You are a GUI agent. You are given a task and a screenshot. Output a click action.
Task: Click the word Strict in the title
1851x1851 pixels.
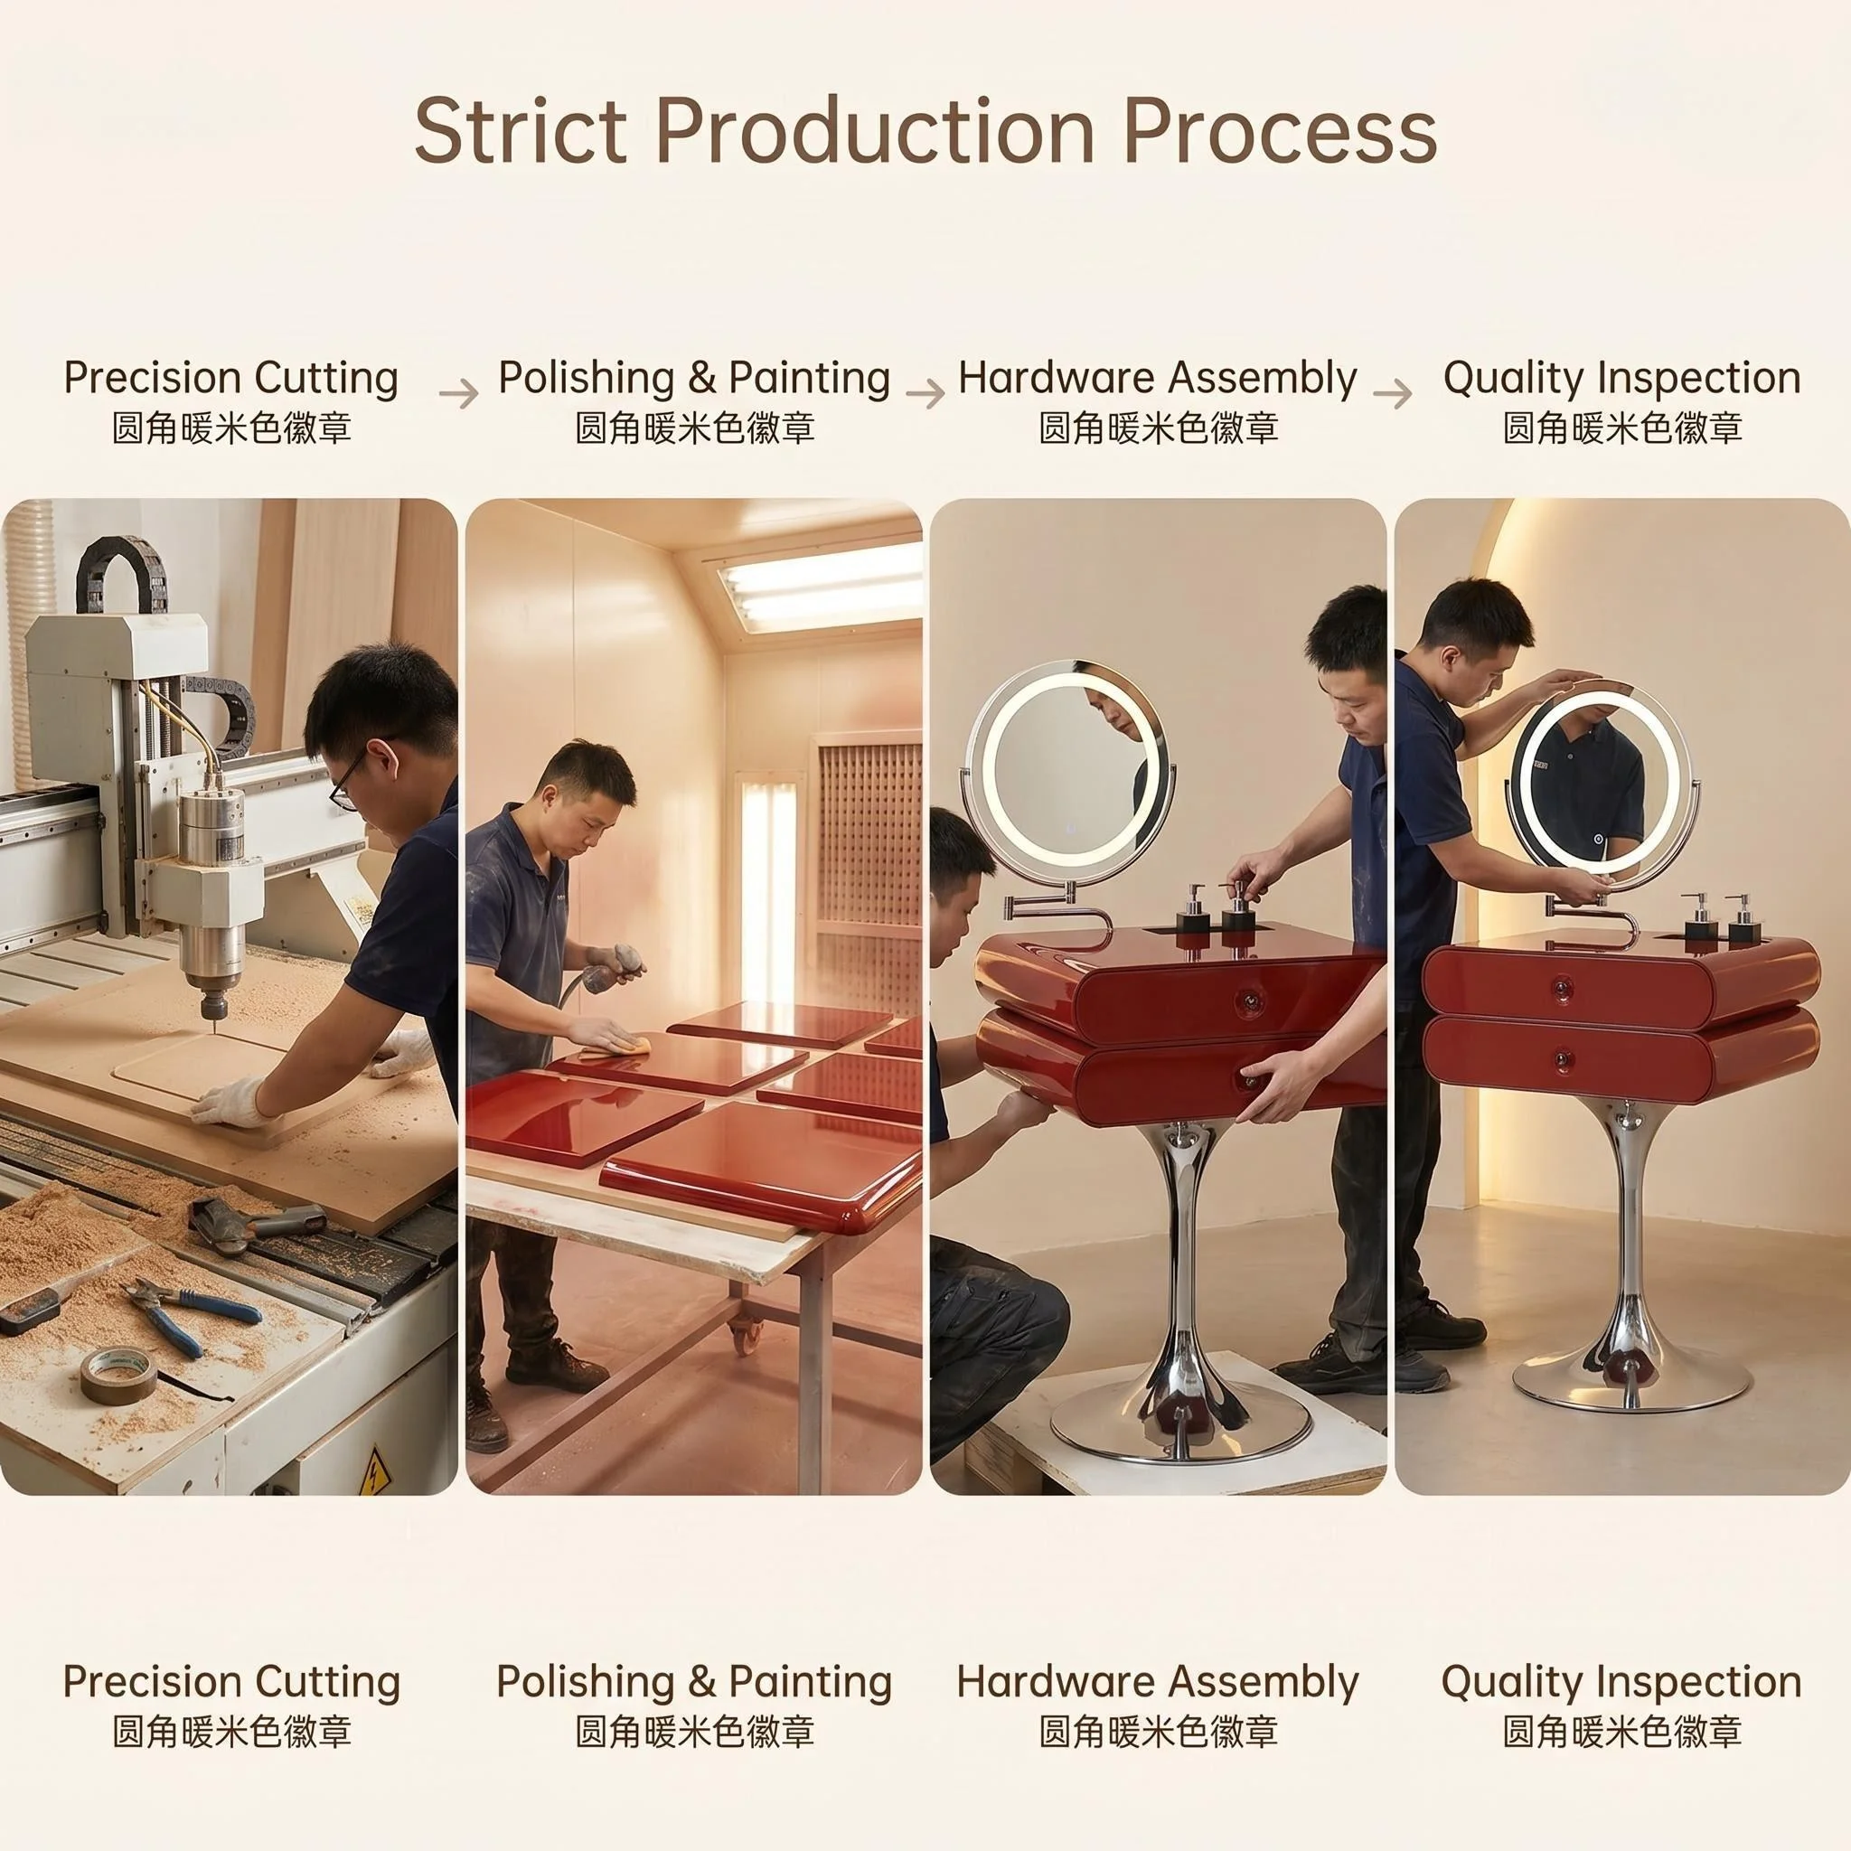[521, 130]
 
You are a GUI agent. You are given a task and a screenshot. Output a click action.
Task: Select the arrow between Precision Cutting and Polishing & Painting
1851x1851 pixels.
[459, 393]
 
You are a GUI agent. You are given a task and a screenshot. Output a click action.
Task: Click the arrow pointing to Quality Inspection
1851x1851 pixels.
[1392, 393]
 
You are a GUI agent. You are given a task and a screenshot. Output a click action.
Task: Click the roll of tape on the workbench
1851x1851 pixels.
[117, 1376]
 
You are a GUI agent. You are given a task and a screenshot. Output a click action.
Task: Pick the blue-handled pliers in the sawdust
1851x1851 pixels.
[192, 1312]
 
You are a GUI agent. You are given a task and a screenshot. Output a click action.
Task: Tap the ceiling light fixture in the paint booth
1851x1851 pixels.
[820, 585]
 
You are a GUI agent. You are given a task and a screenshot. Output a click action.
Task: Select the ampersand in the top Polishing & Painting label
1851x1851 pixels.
[702, 378]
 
